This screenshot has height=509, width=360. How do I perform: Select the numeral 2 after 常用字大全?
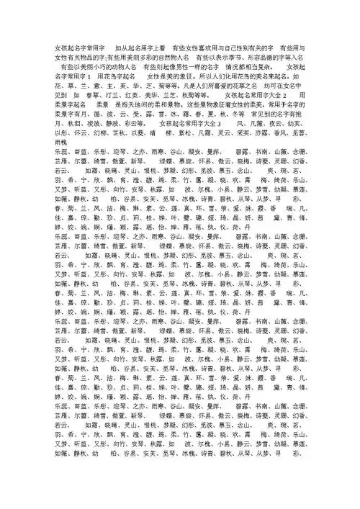(x=286, y=95)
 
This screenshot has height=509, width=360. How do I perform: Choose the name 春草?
(x=91, y=95)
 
